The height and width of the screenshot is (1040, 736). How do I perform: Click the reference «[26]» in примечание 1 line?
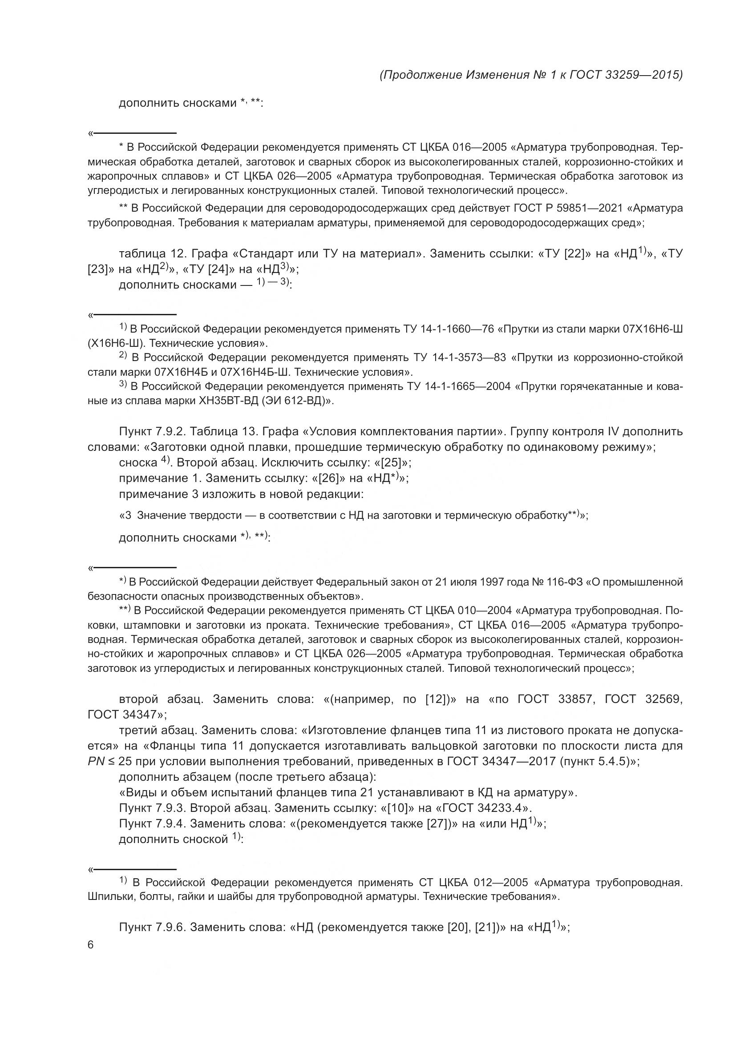[328, 478]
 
